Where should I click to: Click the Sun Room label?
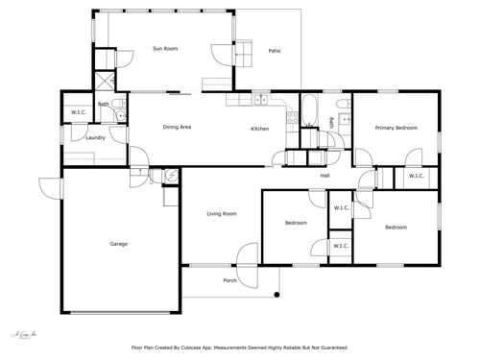166,48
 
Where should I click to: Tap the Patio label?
275,50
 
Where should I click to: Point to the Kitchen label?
260,129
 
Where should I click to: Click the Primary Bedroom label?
396,128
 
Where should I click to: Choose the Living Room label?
222,213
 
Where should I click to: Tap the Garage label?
118,243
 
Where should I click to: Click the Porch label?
230,280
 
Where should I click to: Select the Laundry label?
95,137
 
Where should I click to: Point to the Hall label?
324,176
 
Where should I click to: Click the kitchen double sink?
261,98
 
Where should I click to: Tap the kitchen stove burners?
293,119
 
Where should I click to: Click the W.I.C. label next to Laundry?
79,113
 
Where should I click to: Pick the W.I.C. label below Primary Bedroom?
416,176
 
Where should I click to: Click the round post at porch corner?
278,293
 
